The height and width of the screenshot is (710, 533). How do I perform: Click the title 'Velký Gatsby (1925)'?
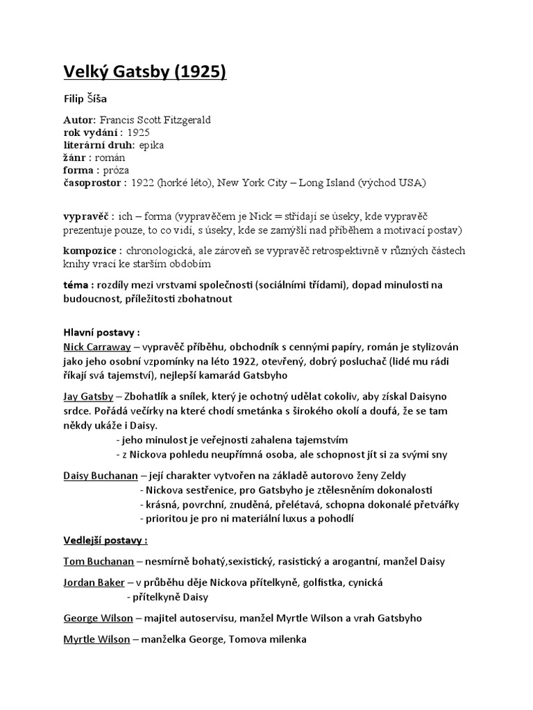pos(144,71)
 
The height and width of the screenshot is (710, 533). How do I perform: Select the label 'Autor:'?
pos(80,120)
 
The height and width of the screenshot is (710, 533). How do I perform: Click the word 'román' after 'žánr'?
pos(106,157)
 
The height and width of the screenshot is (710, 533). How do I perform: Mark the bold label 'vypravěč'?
pos(87,216)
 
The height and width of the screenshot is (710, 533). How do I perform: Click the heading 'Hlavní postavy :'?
pos(101,332)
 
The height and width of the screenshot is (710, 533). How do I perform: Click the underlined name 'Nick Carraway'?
pos(94,345)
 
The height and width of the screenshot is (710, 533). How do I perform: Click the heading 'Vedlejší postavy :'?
pos(105,540)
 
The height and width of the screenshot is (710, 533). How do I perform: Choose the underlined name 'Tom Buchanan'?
pos(99,561)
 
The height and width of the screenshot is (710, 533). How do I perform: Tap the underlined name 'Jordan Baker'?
pos(94,582)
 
